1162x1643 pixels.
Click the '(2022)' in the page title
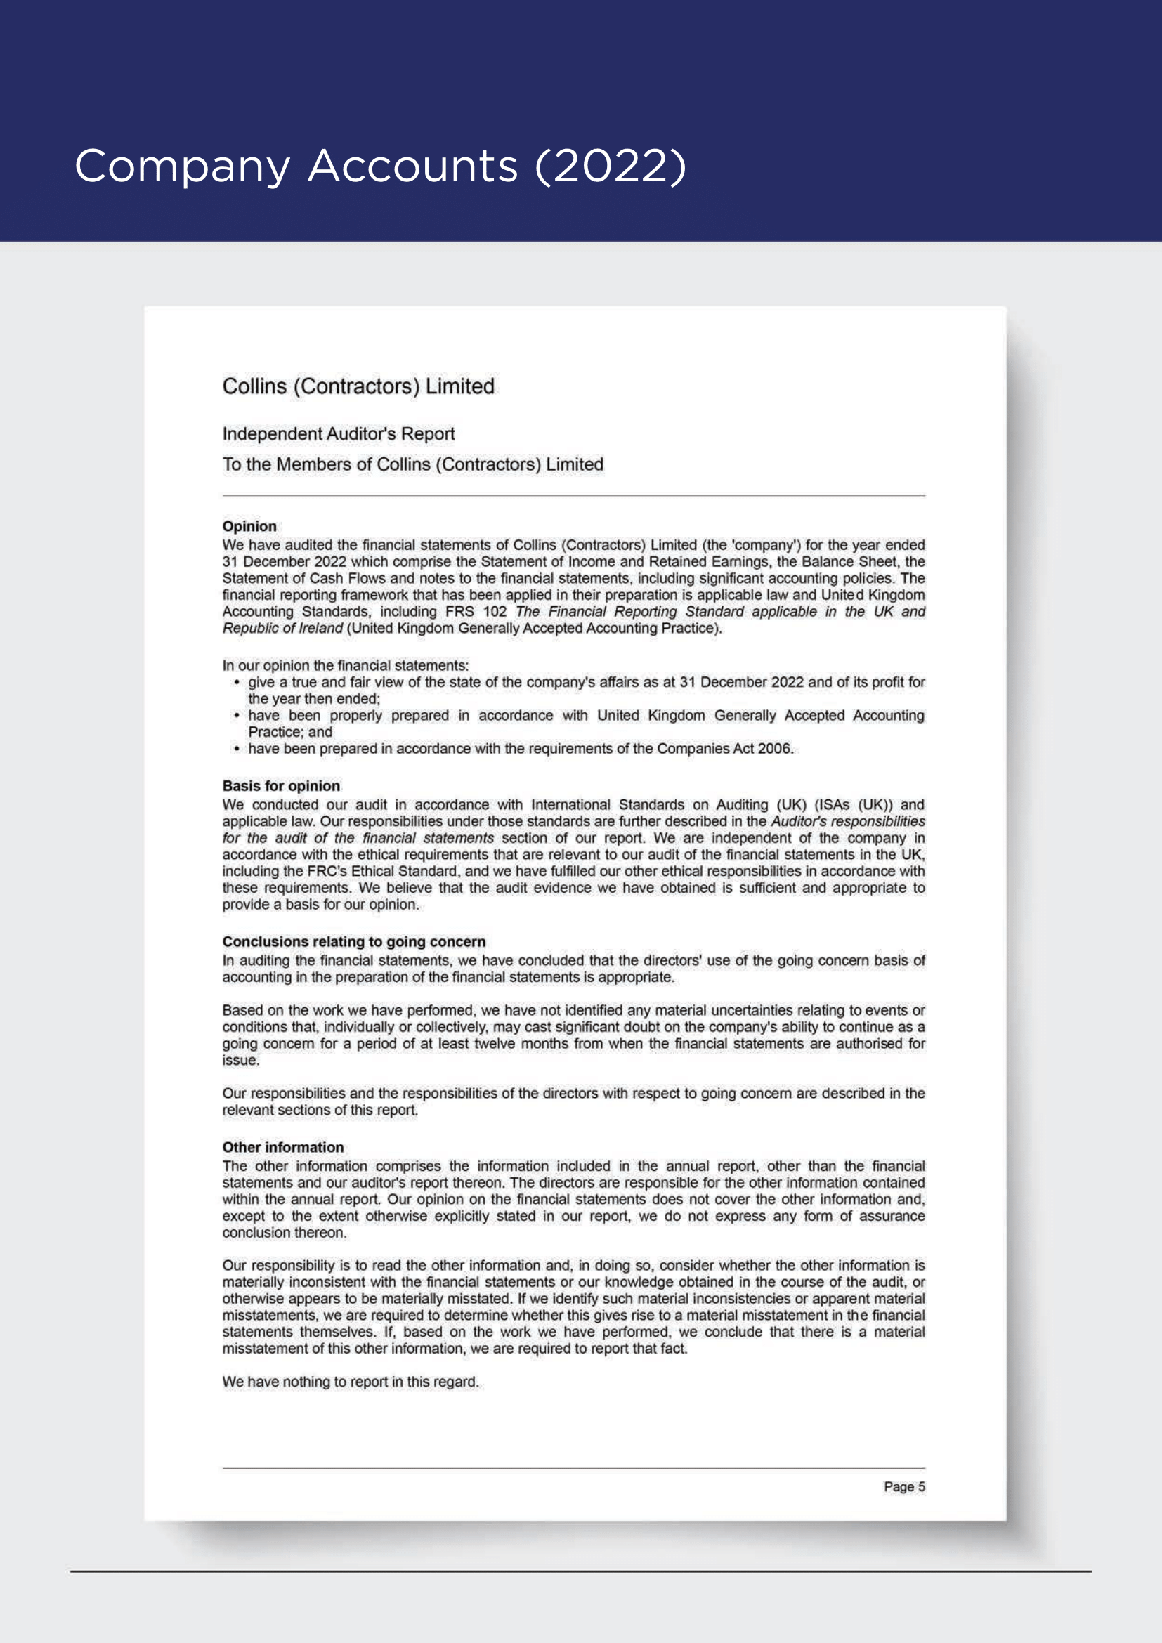[611, 166]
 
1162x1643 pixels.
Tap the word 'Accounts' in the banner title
[412, 166]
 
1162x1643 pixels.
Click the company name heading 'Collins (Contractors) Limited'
[358, 386]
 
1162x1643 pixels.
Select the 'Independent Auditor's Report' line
[339, 433]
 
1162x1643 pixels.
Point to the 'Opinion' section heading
[249, 526]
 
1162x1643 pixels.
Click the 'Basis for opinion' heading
[280, 786]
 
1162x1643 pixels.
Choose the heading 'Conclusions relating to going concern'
[353, 942]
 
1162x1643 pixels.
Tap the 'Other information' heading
[282, 1147]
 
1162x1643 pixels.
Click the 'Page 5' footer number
[903, 1486]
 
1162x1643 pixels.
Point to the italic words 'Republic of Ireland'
[282, 628]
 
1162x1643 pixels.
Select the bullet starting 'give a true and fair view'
[586, 683]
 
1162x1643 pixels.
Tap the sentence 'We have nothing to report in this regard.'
[350, 1382]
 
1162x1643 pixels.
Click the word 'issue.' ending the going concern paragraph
[240, 1061]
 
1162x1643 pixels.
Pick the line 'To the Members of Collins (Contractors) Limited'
[412, 464]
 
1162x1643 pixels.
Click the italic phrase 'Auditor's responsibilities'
[847, 822]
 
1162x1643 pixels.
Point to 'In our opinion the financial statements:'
[345, 665]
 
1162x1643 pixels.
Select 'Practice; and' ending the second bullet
[289, 732]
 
